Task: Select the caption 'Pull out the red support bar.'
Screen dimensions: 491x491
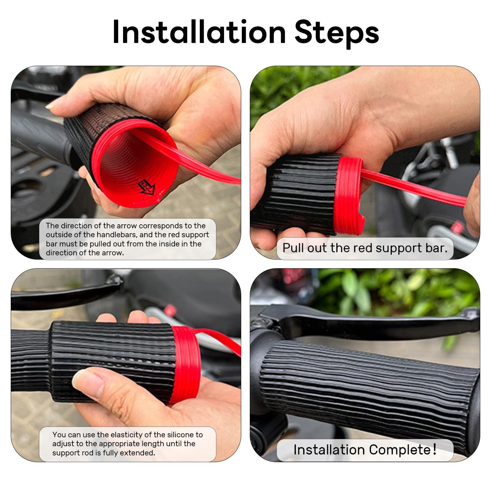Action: (x=365, y=248)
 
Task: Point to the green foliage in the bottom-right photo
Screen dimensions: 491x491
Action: (x=399, y=292)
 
